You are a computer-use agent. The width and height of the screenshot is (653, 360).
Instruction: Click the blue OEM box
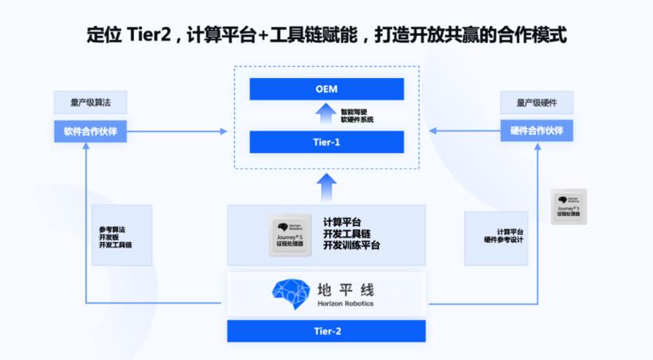coord(326,89)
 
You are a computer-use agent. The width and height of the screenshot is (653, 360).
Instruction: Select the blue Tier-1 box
coord(326,142)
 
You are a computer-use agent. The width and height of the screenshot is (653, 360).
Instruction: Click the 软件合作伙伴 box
coord(90,131)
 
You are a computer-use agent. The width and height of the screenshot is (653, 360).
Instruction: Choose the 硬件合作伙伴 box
coord(537,131)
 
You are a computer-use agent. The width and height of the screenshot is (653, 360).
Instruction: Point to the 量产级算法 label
coord(90,103)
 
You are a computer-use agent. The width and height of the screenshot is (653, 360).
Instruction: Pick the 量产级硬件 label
coord(537,103)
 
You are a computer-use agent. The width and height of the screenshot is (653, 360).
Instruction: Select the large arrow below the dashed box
coord(326,186)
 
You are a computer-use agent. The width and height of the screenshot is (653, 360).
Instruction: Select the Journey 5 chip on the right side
coord(569,205)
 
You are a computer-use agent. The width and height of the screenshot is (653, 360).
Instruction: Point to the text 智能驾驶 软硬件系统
coord(356,116)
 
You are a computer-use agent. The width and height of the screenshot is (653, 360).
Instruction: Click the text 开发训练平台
coord(351,245)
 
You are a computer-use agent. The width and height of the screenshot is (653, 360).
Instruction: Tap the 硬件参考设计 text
coord(503,240)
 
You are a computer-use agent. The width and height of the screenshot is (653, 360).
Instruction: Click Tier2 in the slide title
coord(151,36)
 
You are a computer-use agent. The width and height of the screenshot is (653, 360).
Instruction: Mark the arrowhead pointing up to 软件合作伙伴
coord(86,147)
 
